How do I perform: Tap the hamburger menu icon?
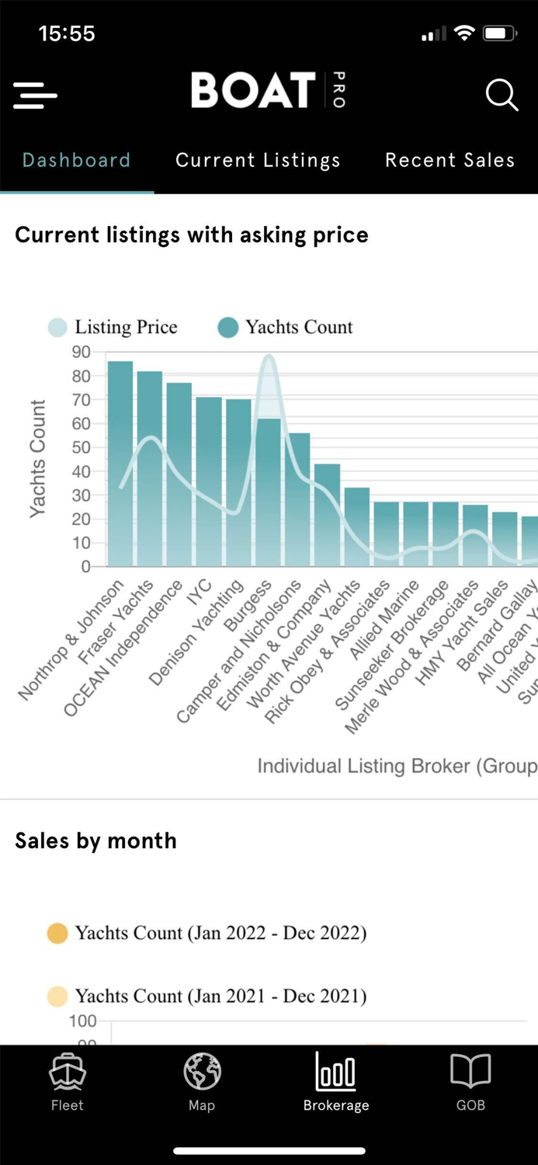35,96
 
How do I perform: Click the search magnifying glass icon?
502,96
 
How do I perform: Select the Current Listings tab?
258,160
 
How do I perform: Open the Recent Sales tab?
449,160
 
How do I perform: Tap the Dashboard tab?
76,160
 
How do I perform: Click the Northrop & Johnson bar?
120,466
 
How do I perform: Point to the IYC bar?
209,482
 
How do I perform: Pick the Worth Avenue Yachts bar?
357,528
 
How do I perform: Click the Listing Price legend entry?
113,327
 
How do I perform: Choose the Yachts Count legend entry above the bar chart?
286,327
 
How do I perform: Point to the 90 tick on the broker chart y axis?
81,352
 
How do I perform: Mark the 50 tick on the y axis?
81,447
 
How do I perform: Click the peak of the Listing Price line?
269,356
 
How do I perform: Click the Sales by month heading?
95,840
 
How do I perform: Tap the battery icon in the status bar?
499,33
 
